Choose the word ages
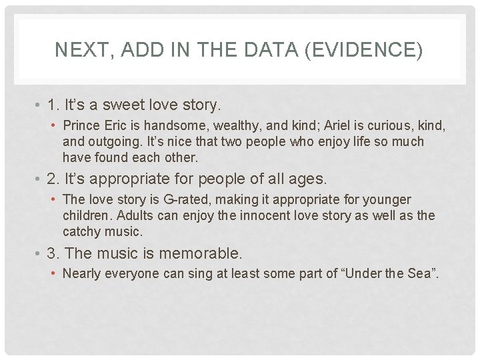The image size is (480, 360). pos(309,179)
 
